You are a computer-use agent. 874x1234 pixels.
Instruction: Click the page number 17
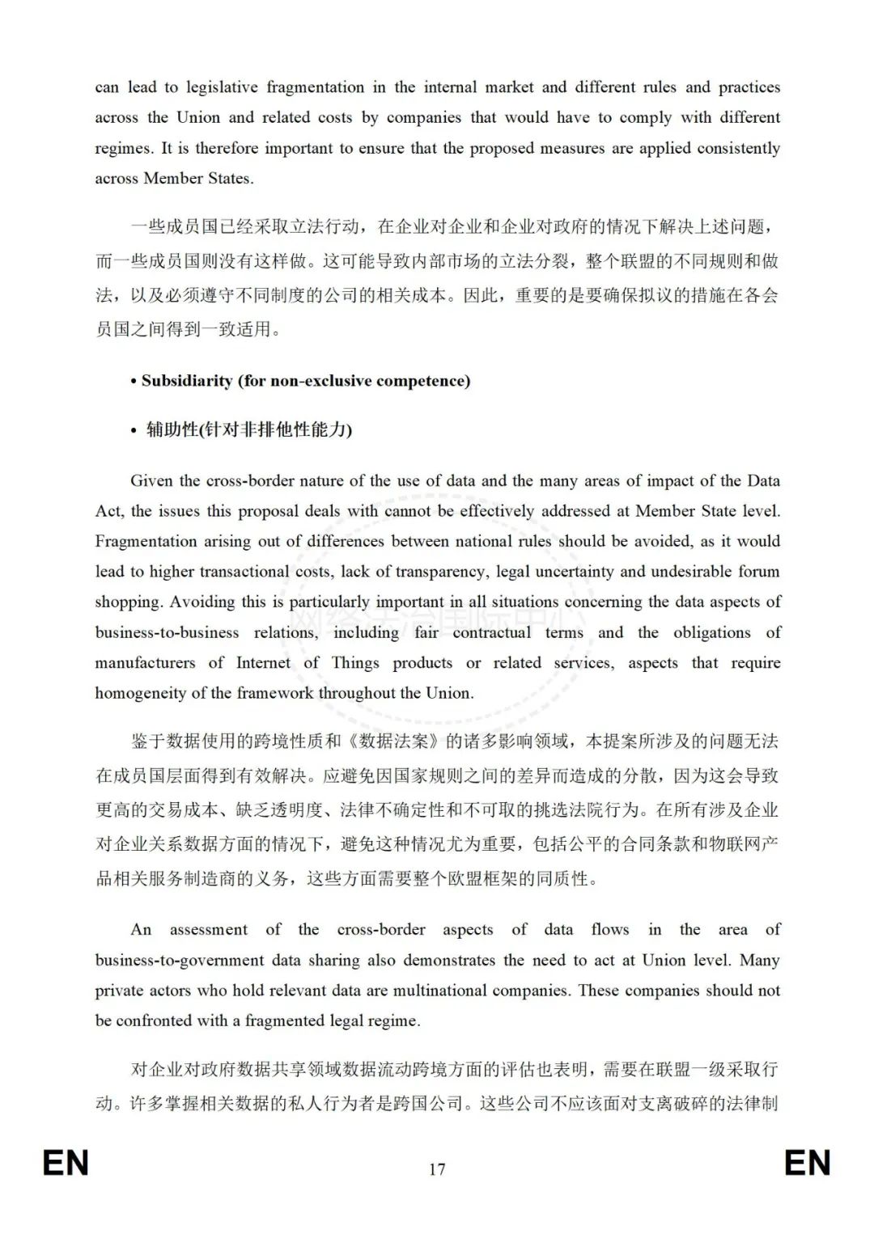pos(437,1168)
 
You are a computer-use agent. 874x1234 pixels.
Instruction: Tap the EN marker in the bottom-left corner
pos(66,1163)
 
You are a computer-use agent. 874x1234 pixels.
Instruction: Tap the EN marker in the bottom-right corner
pos(807,1163)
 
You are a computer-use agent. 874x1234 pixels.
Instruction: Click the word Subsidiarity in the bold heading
pos(186,381)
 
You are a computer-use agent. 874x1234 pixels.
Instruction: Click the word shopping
pos(127,602)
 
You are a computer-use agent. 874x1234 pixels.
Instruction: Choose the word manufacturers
pos(145,663)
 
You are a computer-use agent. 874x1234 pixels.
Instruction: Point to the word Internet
pos(263,663)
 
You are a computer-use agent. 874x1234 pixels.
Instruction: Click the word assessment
pos(209,930)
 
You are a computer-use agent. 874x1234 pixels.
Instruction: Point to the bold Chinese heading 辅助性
pos(172,429)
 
